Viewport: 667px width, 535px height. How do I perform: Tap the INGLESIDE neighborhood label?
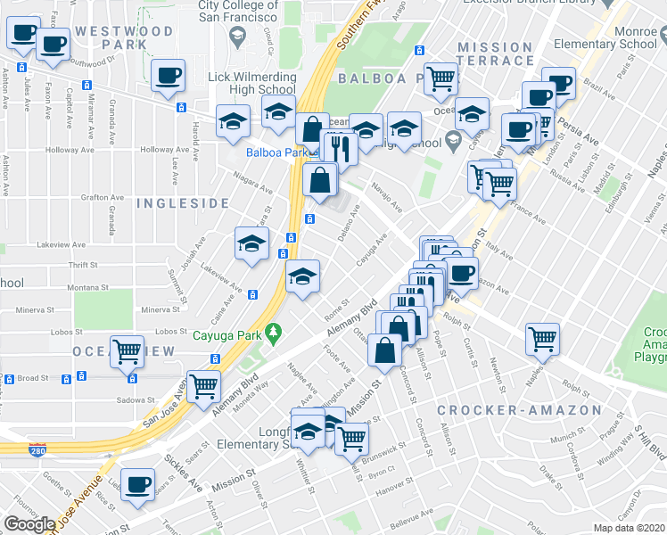[x=183, y=203]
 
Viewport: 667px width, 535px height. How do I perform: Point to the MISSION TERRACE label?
[x=495, y=53]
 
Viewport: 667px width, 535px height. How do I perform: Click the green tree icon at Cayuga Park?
[x=274, y=334]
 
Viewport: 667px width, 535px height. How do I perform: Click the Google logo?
[x=30, y=524]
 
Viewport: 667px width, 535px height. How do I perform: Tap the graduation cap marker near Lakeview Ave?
[x=252, y=243]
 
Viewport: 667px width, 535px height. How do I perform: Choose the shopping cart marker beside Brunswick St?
[x=352, y=438]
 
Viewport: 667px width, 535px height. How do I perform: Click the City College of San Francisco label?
[x=238, y=11]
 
